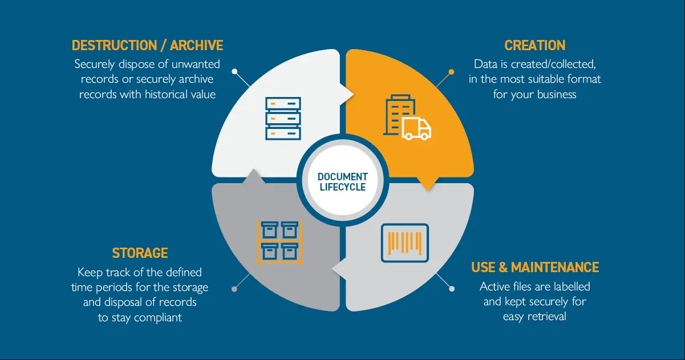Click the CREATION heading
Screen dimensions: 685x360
pos(534,45)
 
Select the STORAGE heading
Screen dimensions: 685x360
pos(140,253)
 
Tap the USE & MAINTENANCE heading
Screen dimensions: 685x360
pos(535,267)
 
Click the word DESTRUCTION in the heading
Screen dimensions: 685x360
pos(115,45)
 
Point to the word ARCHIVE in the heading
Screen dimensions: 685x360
pos(196,45)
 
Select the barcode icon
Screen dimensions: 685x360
pos(405,243)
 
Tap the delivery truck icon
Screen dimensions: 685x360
pos(416,128)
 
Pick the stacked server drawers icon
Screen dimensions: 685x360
pos(283,118)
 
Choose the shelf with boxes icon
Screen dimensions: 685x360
pos(280,243)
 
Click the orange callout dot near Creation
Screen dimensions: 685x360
pos(451,72)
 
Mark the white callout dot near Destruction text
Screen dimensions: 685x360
pos(234,71)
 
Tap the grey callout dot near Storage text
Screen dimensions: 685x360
pos(234,289)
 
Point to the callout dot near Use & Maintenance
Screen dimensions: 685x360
pos(452,289)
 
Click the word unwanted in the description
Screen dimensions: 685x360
pos(196,64)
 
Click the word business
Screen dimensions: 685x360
pos(557,94)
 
